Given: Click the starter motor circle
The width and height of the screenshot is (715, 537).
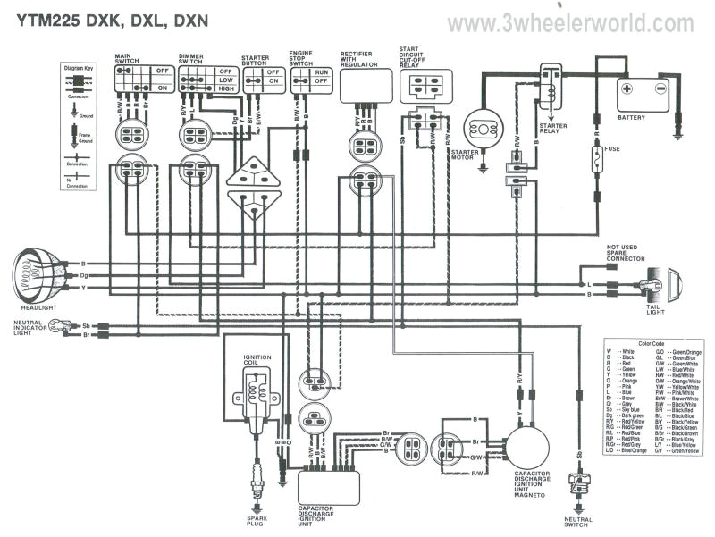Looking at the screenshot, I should [482, 130].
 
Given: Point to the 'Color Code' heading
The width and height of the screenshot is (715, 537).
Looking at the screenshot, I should [652, 343].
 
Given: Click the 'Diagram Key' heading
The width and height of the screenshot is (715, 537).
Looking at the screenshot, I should [80, 68].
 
